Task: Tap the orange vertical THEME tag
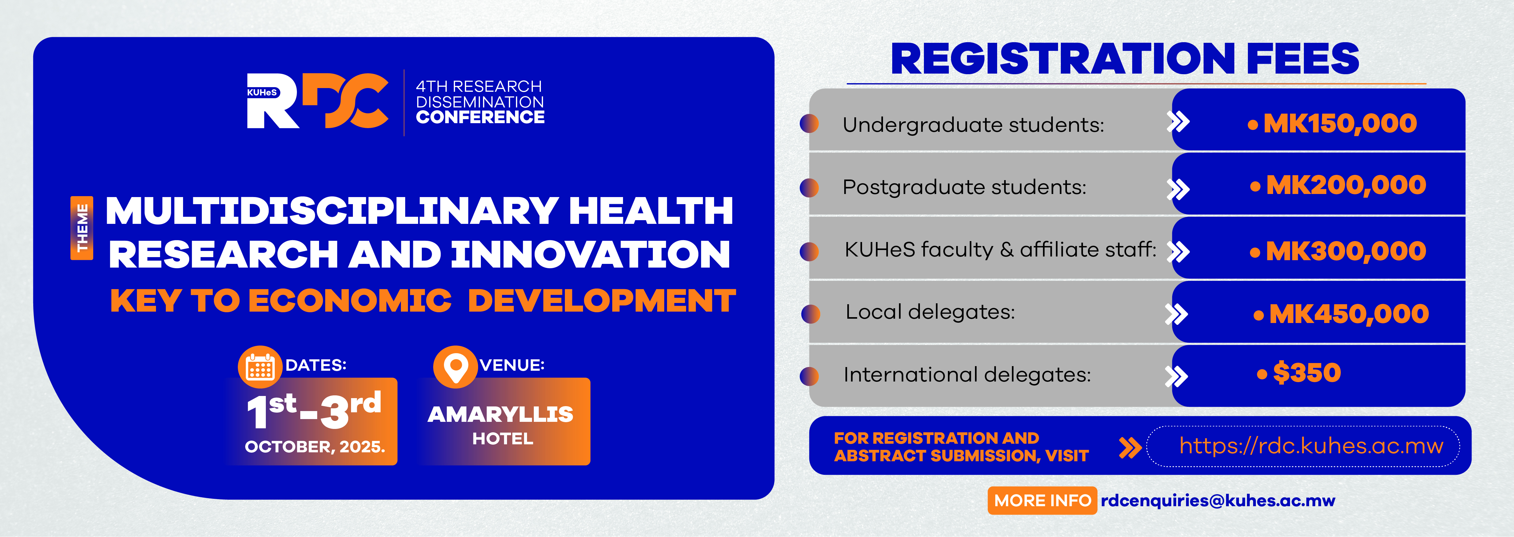82,228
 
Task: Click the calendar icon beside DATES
260,367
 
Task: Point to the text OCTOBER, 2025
315,447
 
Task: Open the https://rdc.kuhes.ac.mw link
1311,446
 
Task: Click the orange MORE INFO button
1042,501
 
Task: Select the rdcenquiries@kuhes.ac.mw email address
1218,501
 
